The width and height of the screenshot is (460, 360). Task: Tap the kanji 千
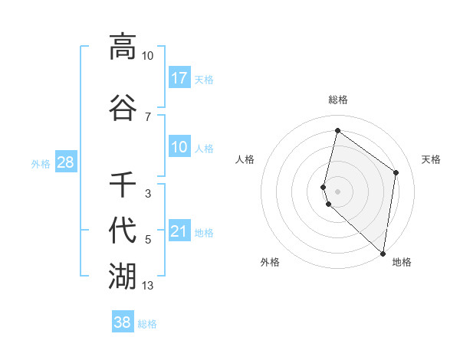(123, 185)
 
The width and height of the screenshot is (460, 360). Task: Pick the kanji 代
(123, 231)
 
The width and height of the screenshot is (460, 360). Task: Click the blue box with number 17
(179, 78)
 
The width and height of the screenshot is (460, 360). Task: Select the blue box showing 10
(179, 147)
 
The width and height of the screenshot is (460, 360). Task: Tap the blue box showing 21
(179, 231)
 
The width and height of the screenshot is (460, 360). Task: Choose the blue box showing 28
(65, 162)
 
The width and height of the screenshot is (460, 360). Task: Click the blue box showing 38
(123, 322)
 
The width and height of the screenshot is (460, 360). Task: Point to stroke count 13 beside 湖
(148, 286)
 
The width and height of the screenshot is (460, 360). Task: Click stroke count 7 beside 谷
(148, 117)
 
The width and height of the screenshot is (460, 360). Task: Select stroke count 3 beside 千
(148, 194)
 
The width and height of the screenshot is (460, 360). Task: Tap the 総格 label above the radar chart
(338, 100)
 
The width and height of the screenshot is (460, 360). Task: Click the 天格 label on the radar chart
(431, 159)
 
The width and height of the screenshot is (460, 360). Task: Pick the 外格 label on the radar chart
(270, 262)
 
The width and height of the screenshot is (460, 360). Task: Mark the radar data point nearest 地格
(383, 253)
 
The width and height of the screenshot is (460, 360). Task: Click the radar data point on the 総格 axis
(337, 130)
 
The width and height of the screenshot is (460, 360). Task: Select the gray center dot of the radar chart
(338, 191)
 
